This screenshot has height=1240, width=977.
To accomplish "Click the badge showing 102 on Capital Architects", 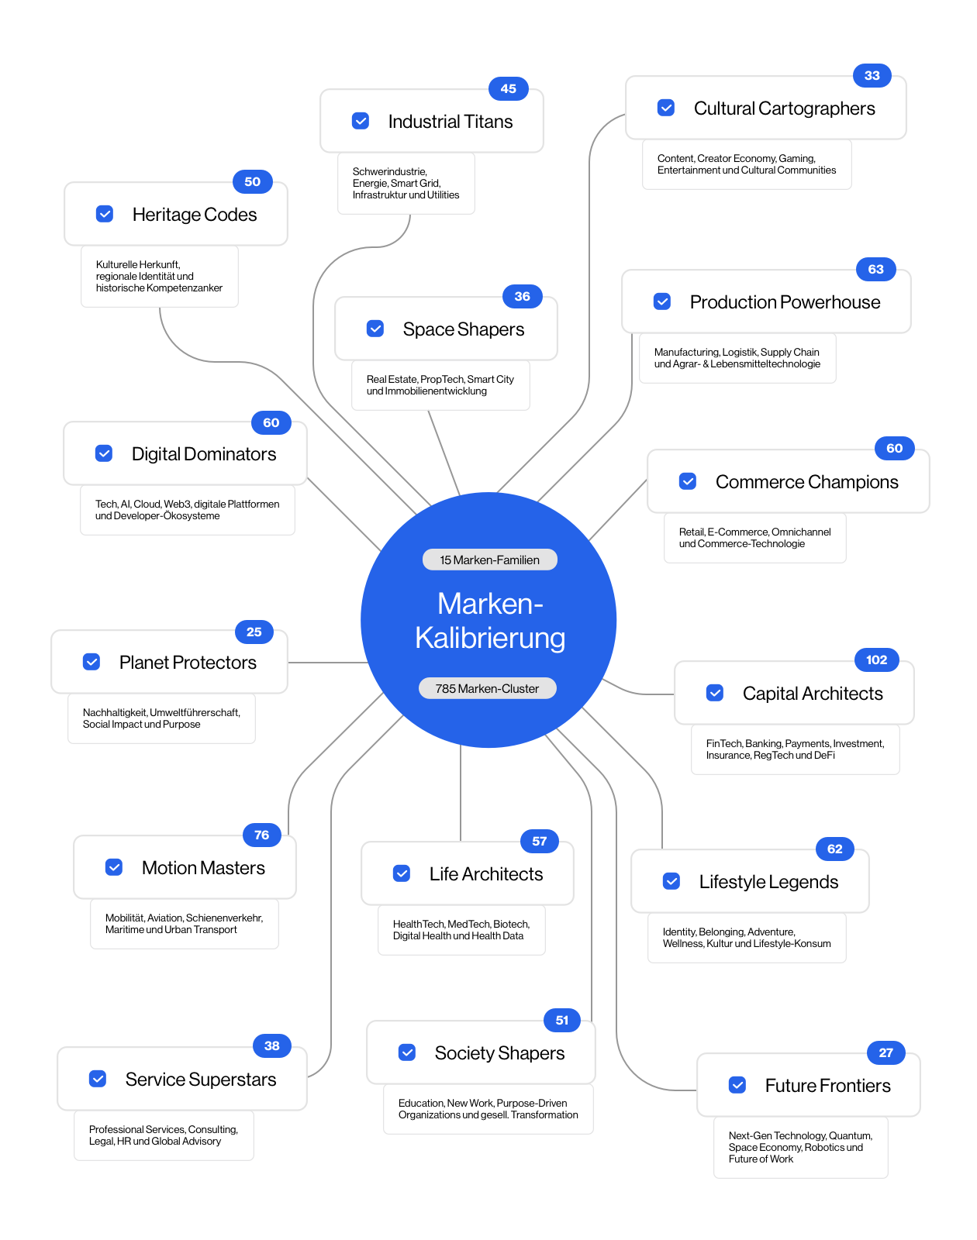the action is pos(876,660).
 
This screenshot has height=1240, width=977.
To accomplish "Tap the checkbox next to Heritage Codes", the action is pos(105,214).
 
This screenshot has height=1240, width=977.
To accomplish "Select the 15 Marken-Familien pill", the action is pos(489,560).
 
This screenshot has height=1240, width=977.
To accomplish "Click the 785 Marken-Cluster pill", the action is pos(488,688).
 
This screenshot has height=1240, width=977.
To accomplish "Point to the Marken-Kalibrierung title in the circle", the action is pos(489,621).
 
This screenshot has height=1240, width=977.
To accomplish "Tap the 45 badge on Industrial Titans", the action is pos(508,88).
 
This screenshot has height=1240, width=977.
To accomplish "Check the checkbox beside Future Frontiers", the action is pos(737,1084).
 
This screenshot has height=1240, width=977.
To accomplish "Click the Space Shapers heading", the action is pos(463,329).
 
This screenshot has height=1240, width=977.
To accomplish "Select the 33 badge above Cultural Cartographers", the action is pos(872,75).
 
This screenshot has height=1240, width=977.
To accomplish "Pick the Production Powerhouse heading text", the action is pos(785,302).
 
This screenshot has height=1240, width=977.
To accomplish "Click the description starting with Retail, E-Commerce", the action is pos(754,538).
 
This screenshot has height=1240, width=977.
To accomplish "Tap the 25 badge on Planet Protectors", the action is pos(254,632).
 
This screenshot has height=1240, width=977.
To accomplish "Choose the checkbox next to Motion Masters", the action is pos(114,867).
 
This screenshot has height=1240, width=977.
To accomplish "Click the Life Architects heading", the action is pos(485,874).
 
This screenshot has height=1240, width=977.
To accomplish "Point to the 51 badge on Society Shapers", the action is pos(561,1021).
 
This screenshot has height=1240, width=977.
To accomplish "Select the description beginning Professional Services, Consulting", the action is pos(163,1135).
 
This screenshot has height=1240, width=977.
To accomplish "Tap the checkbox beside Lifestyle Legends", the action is pos(671,881).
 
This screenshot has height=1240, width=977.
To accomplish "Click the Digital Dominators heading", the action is pos(204,454).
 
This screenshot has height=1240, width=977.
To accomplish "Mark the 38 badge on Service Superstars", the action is pos(271,1045).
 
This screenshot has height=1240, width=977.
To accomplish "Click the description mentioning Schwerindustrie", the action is pos(406,183).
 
